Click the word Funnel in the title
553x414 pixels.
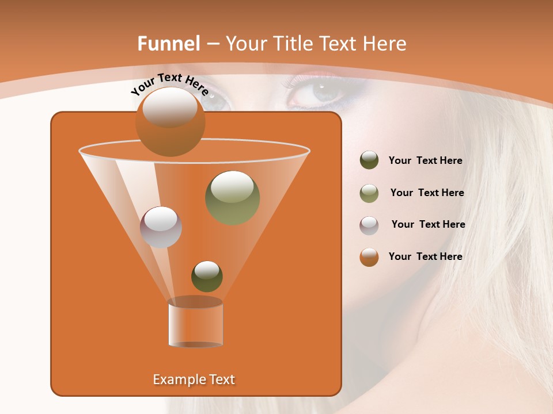tap(168, 44)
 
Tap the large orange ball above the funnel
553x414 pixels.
tap(170, 122)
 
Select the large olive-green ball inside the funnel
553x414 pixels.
tap(232, 198)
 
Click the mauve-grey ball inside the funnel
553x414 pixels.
tap(161, 227)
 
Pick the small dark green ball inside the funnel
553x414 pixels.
tap(207, 276)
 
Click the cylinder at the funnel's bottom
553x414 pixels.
tap(195, 325)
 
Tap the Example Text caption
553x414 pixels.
tap(194, 379)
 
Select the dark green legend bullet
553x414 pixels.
tap(369, 160)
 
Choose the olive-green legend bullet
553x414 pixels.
tap(369, 193)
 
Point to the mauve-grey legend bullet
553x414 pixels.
tap(369, 225)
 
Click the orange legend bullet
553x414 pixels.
tap(369, 257)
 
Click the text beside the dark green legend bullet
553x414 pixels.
tap(425, 161)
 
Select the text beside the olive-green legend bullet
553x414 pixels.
tap(427, 193)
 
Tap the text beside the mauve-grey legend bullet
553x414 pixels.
tap(428, 225)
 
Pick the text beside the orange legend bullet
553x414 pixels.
tap(425, 257)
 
